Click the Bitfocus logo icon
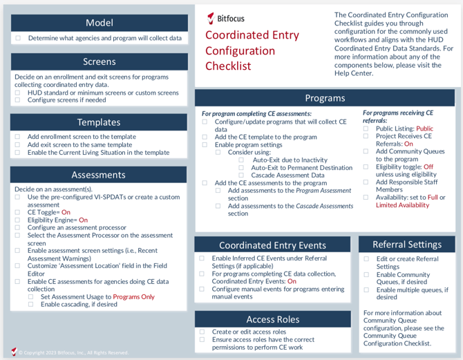tap(211, 18)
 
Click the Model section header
tap(99, 23)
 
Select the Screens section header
tap(99, 61)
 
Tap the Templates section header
tap(99, 122)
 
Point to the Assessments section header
tap(99, 175)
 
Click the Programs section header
tap(325, 97)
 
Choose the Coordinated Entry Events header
tap(272, 245)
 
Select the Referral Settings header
tap(406, 244)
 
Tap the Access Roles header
tap(272, 319)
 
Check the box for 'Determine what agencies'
tap(19, 39)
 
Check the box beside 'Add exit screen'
tap(19, 145)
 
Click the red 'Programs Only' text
tap(133, 296)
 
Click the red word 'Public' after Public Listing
tap(424, 129)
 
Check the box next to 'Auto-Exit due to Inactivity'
tap(241, 160)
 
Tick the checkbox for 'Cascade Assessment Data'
tap(241, 176)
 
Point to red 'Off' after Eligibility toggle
tap(428, 167)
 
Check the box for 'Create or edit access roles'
tap(202, 332)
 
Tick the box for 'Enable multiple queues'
tap(366, 290)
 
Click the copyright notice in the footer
tap(73, 352)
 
